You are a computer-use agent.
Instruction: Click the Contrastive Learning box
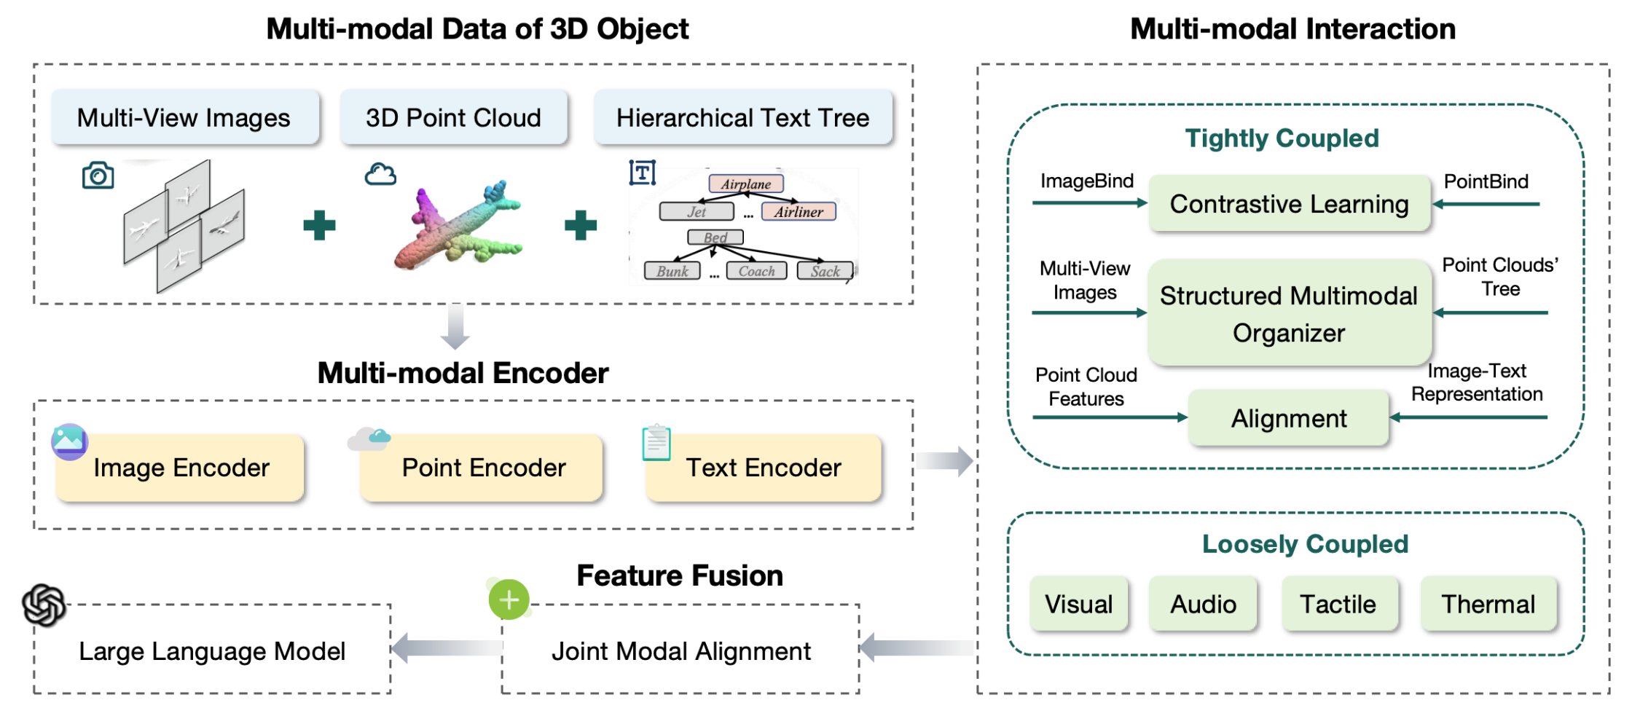pos(1289,204)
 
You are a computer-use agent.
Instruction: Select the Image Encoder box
pos(181,468)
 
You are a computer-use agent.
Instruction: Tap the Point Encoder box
pos(483,468)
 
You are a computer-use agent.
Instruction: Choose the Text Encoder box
pos(763,468)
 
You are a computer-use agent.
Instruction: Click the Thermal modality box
pos(1488,604)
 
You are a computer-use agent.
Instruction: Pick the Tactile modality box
pos(1338,604)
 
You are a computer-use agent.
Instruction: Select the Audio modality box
pos(1203,604)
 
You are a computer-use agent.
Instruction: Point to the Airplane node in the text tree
pos(746,184)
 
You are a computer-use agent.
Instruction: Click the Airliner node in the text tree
pos(799,212)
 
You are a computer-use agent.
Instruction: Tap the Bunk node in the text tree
pos(672,271)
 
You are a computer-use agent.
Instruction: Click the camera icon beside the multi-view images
pos(98,176)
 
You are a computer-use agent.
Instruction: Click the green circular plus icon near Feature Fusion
pos(509,599)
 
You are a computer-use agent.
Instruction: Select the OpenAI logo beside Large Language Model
pos(44,605)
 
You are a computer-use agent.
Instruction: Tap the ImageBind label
pos(1086,181)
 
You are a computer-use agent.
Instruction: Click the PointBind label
pos(1486,181)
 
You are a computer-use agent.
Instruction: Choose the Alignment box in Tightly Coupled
pos(1289,418)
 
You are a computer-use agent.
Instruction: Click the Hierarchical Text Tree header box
pos(742,118)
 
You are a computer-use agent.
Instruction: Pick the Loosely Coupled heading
pos(1305,544)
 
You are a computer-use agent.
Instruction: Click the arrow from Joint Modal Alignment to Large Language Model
pos(446,648)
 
